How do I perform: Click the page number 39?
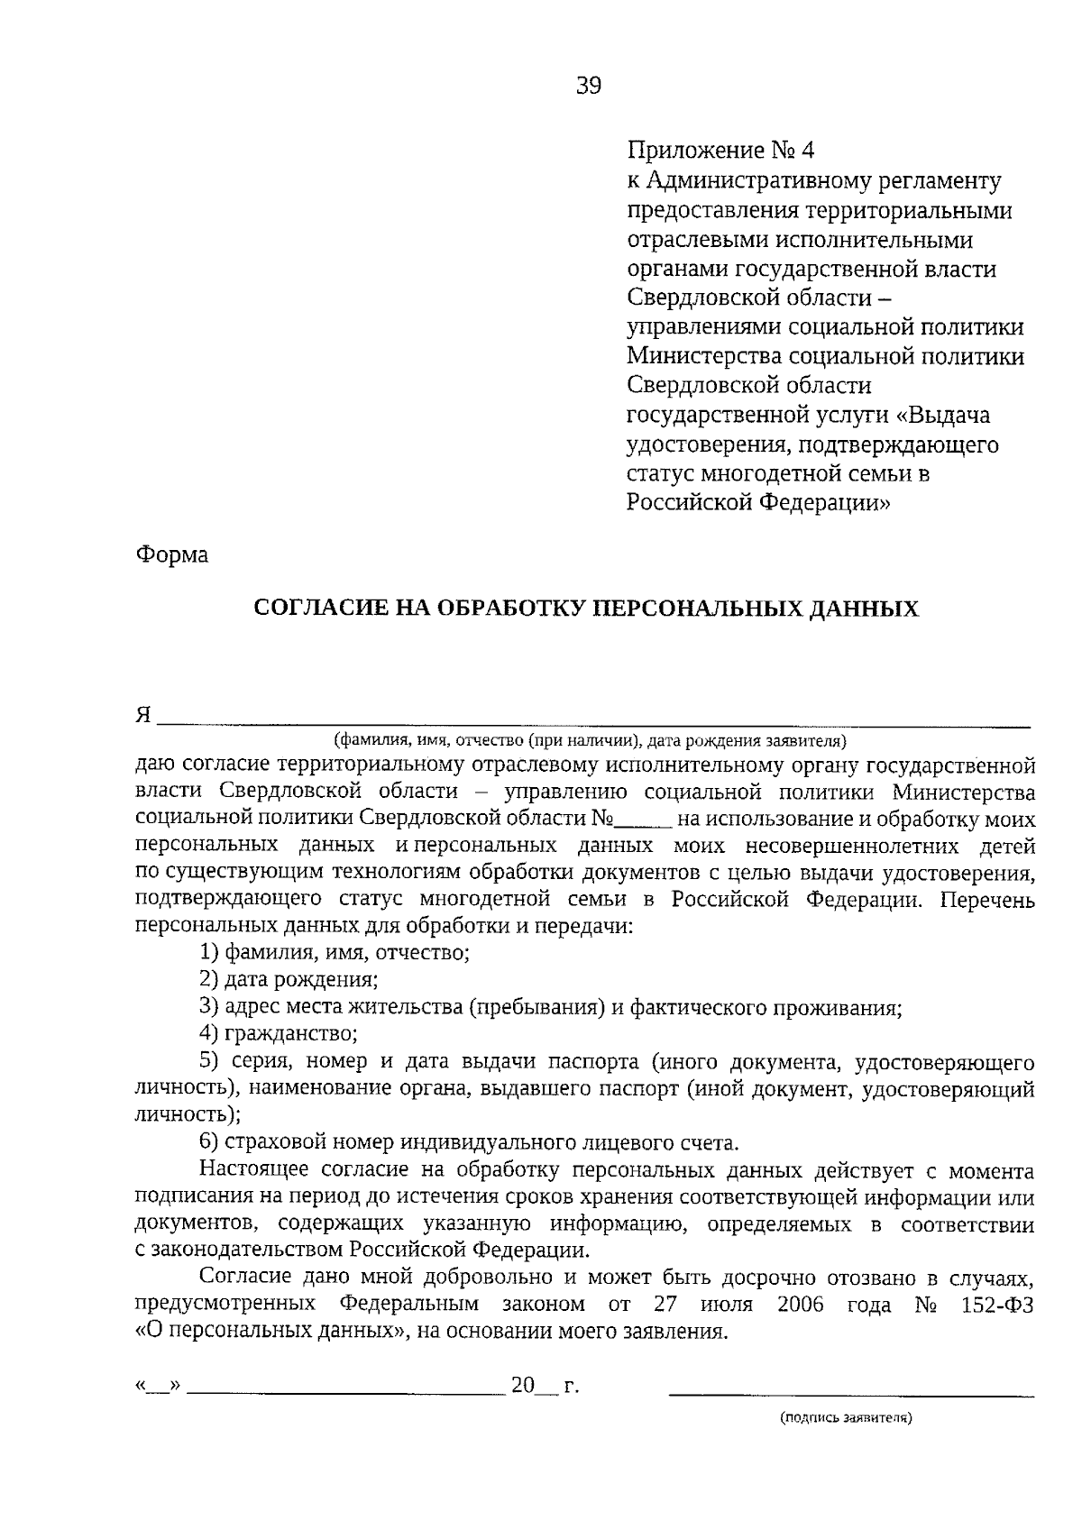[587, 86]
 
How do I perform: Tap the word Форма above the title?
[171, 554]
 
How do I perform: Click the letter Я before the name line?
[142, 715]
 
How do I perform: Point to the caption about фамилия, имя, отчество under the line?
[591, 741]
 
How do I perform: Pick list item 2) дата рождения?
[289, 979]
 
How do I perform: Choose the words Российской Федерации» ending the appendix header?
[758, 502]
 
